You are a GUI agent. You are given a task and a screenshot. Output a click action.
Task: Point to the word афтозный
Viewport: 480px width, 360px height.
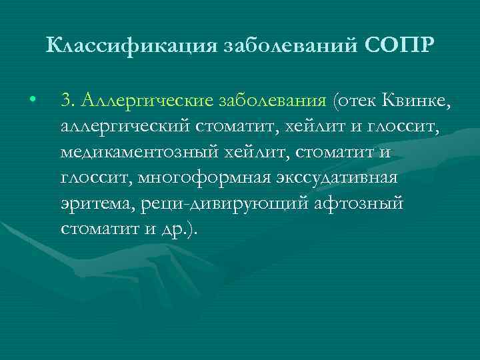[359, 204]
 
